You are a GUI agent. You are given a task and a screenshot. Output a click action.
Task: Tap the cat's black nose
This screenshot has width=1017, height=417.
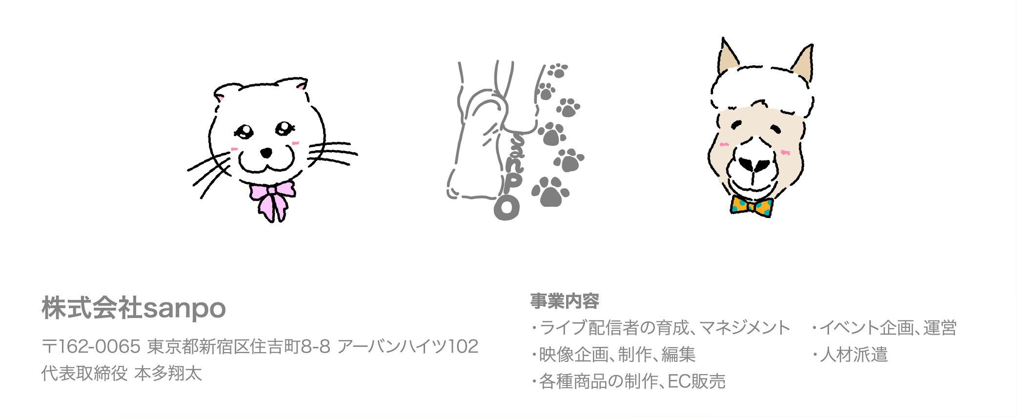click(266, 153)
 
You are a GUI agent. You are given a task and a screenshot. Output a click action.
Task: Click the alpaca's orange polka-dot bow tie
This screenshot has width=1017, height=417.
click(752, 206)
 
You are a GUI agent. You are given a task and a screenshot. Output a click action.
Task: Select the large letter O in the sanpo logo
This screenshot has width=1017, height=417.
click(507, 208)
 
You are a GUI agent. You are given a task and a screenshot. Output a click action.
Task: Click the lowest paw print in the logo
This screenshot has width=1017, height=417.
click(550, 192)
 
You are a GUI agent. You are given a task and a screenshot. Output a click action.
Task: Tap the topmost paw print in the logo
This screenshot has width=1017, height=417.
click(557, 71)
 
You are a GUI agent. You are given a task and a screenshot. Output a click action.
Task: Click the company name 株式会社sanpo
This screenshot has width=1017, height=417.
click(134, 308)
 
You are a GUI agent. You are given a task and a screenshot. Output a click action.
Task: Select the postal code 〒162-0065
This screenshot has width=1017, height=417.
click(91, 346)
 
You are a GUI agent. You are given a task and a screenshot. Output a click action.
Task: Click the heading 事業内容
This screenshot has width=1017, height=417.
click(565, 301)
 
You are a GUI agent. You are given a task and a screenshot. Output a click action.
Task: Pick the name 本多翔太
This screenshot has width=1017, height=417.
click(168, 373)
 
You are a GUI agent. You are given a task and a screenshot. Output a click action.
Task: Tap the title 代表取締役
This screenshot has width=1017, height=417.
click(84, 373)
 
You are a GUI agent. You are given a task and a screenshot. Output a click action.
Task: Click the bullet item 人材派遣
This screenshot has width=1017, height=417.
click(854, 355)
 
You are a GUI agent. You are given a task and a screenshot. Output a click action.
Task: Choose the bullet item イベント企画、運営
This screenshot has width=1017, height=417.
click(888, 328)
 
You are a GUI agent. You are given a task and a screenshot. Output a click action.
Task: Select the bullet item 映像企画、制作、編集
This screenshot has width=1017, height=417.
click(617, 355)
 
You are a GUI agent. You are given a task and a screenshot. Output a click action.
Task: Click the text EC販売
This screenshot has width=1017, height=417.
click(696, 381)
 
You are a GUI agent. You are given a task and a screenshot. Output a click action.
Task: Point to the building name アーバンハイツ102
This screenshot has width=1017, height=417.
click(407, 346)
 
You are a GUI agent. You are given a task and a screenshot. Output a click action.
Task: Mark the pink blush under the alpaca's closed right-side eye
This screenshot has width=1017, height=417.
click(785, 153)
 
